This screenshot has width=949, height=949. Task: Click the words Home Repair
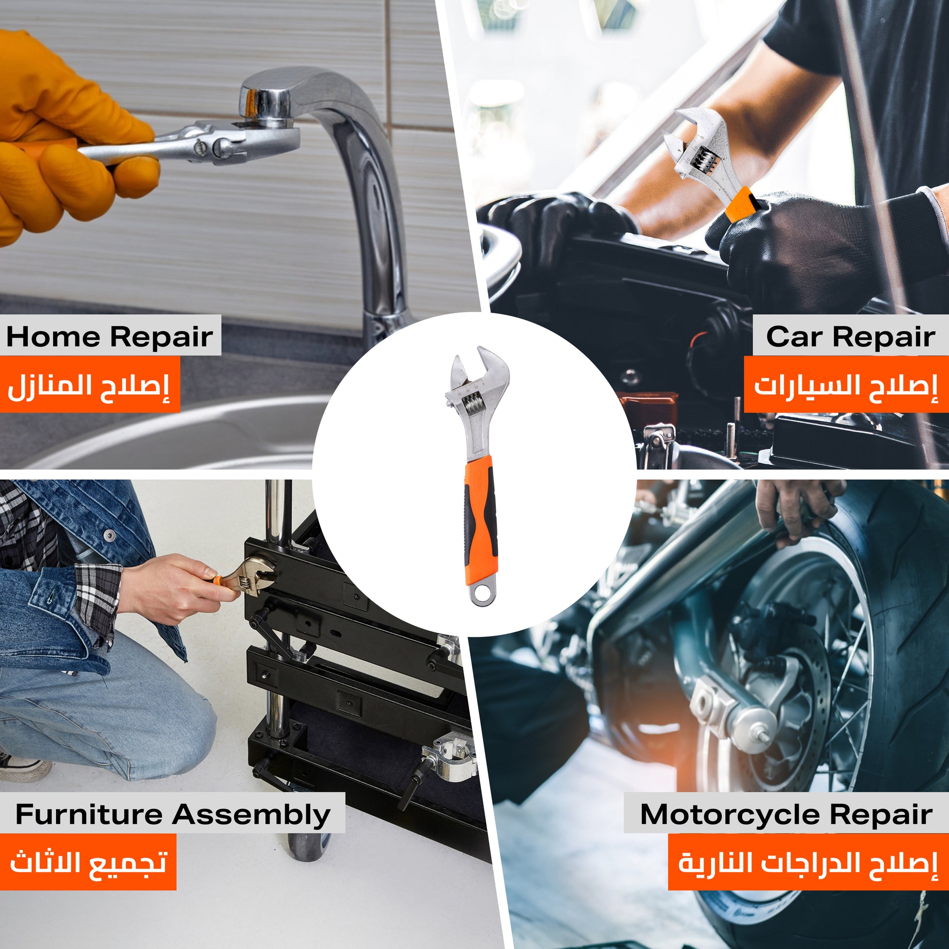coord(110,337)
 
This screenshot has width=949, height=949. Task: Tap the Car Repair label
coord(850,337)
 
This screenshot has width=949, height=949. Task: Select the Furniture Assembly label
coord(173,815)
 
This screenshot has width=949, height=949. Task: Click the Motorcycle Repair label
coord(786,815)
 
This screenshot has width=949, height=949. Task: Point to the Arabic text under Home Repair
coord(88,387)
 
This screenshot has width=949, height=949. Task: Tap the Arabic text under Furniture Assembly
coord(88,863)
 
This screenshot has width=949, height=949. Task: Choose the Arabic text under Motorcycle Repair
coord(808,863)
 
